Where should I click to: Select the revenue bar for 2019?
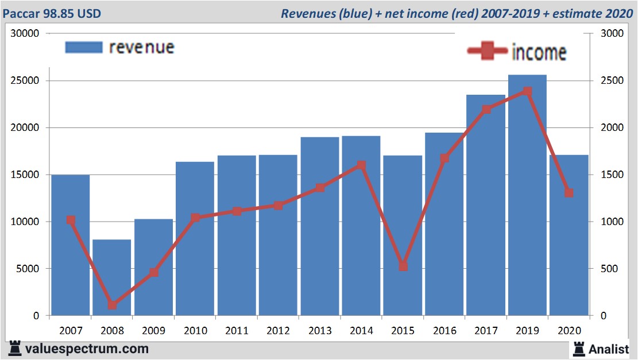coord(527,195)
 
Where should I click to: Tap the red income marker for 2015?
coord(403,266)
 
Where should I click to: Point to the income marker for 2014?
coord(361,165)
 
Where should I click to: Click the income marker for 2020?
coord(569,192)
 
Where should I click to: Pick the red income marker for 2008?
coord(113,305)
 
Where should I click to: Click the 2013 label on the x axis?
coord(319,331)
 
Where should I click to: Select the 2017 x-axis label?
coord(485,331)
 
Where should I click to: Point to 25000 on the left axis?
coord(25,80)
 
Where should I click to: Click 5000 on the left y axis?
coord(28,269)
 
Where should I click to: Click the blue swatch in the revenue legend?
coord(84,47)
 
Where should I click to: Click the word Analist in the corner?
coord(608,348)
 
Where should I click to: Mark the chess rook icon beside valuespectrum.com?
coord(14,349)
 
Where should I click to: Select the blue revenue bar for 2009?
coord(154,267)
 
